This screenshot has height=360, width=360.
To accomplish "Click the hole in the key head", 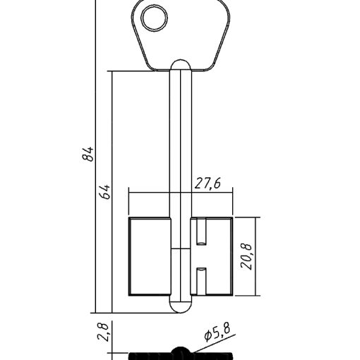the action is click(154, 18).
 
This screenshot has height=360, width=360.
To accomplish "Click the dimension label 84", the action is click(88, 154).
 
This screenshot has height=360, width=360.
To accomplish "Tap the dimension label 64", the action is click(105, 192).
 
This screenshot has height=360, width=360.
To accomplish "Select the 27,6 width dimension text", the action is click(208, 184).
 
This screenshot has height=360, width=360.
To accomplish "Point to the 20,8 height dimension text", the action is click(246, 256).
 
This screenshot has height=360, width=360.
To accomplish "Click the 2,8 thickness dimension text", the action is click(103, 332).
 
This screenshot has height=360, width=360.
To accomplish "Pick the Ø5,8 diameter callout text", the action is click(217, 332).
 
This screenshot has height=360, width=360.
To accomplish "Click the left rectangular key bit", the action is click(150, 256).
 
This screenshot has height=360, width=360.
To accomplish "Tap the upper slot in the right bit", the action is click(201, 232).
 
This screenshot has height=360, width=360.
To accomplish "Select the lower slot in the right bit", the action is click(201, 281).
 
